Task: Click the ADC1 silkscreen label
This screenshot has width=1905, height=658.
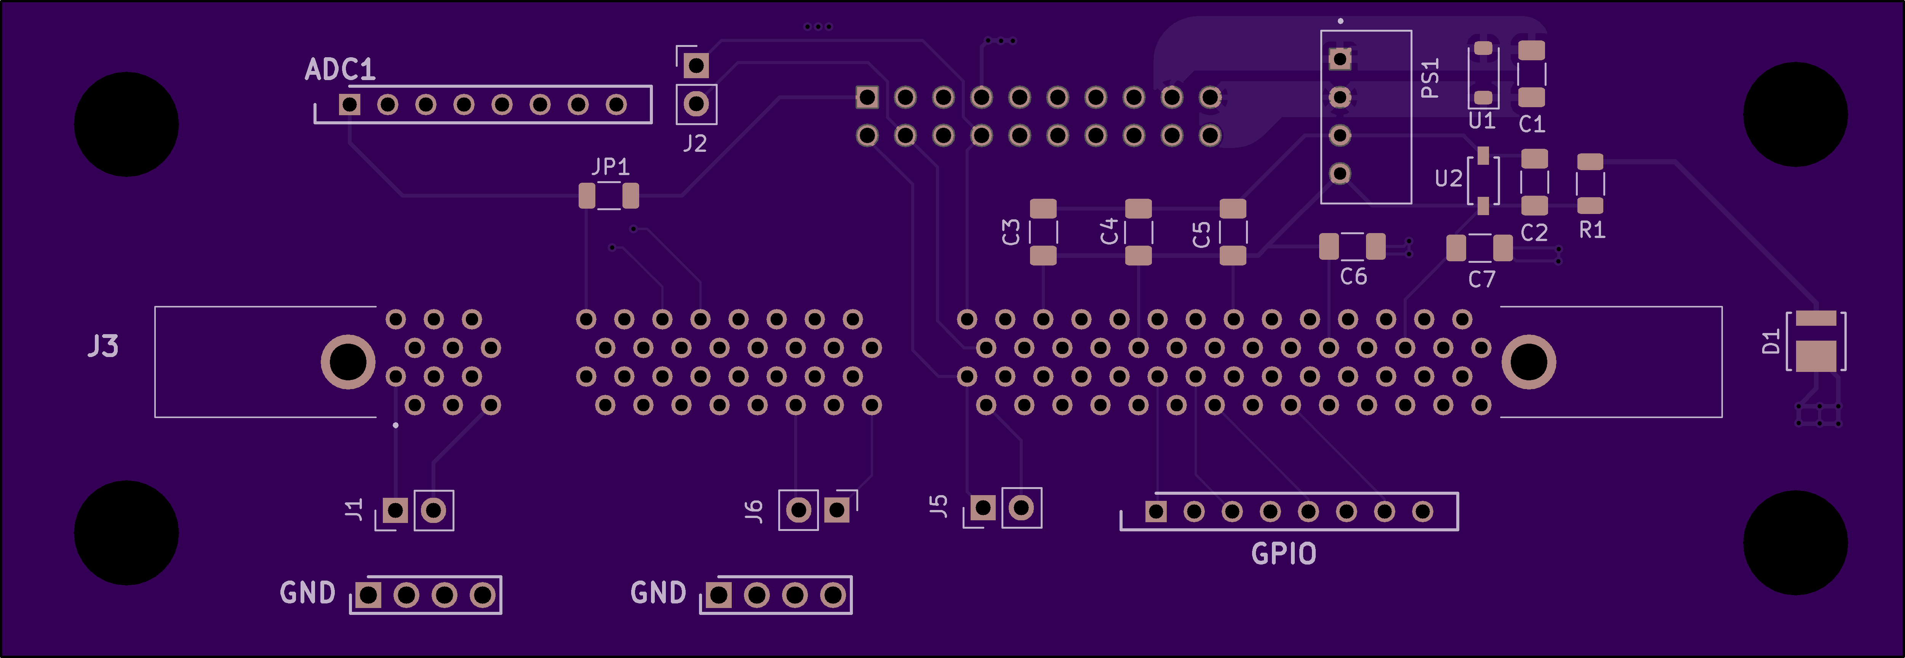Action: tap(340, 69)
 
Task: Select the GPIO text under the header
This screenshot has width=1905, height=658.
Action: tap(1283, 553)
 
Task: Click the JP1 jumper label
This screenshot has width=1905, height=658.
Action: tap(610, 167)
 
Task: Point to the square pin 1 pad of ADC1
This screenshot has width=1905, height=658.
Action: tap(350, 105)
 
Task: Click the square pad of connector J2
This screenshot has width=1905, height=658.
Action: tap(696, 65)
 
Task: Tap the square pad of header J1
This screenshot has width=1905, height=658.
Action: tap(396, 510)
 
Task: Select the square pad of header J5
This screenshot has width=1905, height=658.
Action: tap(983, 508)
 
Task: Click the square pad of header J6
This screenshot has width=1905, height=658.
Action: tap(837, 510)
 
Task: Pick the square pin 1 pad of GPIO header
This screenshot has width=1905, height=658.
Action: tap(1156, 512)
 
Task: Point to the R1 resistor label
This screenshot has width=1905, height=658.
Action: tap(1591, 230)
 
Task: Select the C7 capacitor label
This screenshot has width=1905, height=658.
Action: tap(1481, 279)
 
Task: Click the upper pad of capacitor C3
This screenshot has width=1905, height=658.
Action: tap(1043, 209)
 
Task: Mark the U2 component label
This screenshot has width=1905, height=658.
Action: tap(1448, 179)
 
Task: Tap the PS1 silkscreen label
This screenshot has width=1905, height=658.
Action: tap(1430, 79)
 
